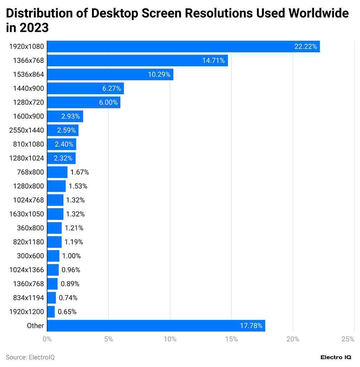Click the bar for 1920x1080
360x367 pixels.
tap(183, 47)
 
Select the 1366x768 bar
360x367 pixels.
tap(138, 61)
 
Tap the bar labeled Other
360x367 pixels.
tap(156, 326)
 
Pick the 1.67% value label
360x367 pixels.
tap(80, 172)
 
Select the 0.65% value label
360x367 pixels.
tap(67, 312)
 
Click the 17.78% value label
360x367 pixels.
tap(251, 326)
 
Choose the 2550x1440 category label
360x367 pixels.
tap(27, 130)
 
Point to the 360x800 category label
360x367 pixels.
tap(30, 228)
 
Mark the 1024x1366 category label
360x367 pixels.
tap(27, 270)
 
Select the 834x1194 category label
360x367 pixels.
tap(29, 298)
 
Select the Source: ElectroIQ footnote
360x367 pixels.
tap(30, 357)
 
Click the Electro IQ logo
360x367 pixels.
tap(336, 357)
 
